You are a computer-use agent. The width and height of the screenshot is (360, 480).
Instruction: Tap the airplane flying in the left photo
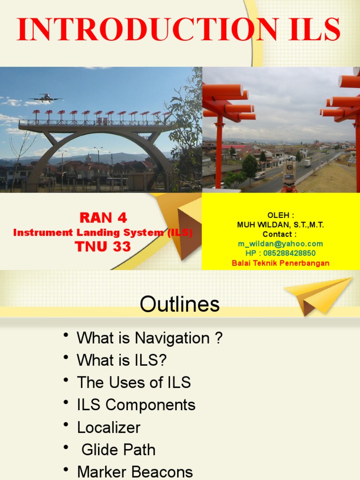pos(45,98)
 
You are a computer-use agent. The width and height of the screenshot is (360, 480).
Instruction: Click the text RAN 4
pos(103,218)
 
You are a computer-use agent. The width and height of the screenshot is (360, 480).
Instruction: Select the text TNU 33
pos(103,247)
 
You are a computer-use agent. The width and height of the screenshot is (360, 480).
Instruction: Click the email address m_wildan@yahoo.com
pos(280,244)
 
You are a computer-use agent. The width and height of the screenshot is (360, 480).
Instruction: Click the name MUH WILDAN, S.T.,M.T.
pos(280,225)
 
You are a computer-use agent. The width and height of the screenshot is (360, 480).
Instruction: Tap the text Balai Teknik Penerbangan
pos(280,263)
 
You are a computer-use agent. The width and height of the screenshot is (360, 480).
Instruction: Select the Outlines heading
pos(180,305)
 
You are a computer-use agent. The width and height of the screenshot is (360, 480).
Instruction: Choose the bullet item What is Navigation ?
pos(150,338)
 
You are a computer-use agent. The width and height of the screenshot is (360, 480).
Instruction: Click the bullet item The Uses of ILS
pos(134,382)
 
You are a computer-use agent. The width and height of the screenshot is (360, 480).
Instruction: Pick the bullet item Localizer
pos(109,427)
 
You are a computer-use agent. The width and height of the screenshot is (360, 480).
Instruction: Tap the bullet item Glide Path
pos(118,450)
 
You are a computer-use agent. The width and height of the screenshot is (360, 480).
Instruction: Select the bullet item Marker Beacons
pos(135,472)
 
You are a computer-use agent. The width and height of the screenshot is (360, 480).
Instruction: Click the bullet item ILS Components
pos(136,405)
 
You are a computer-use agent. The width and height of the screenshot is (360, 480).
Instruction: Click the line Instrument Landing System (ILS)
pos(103,232)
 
